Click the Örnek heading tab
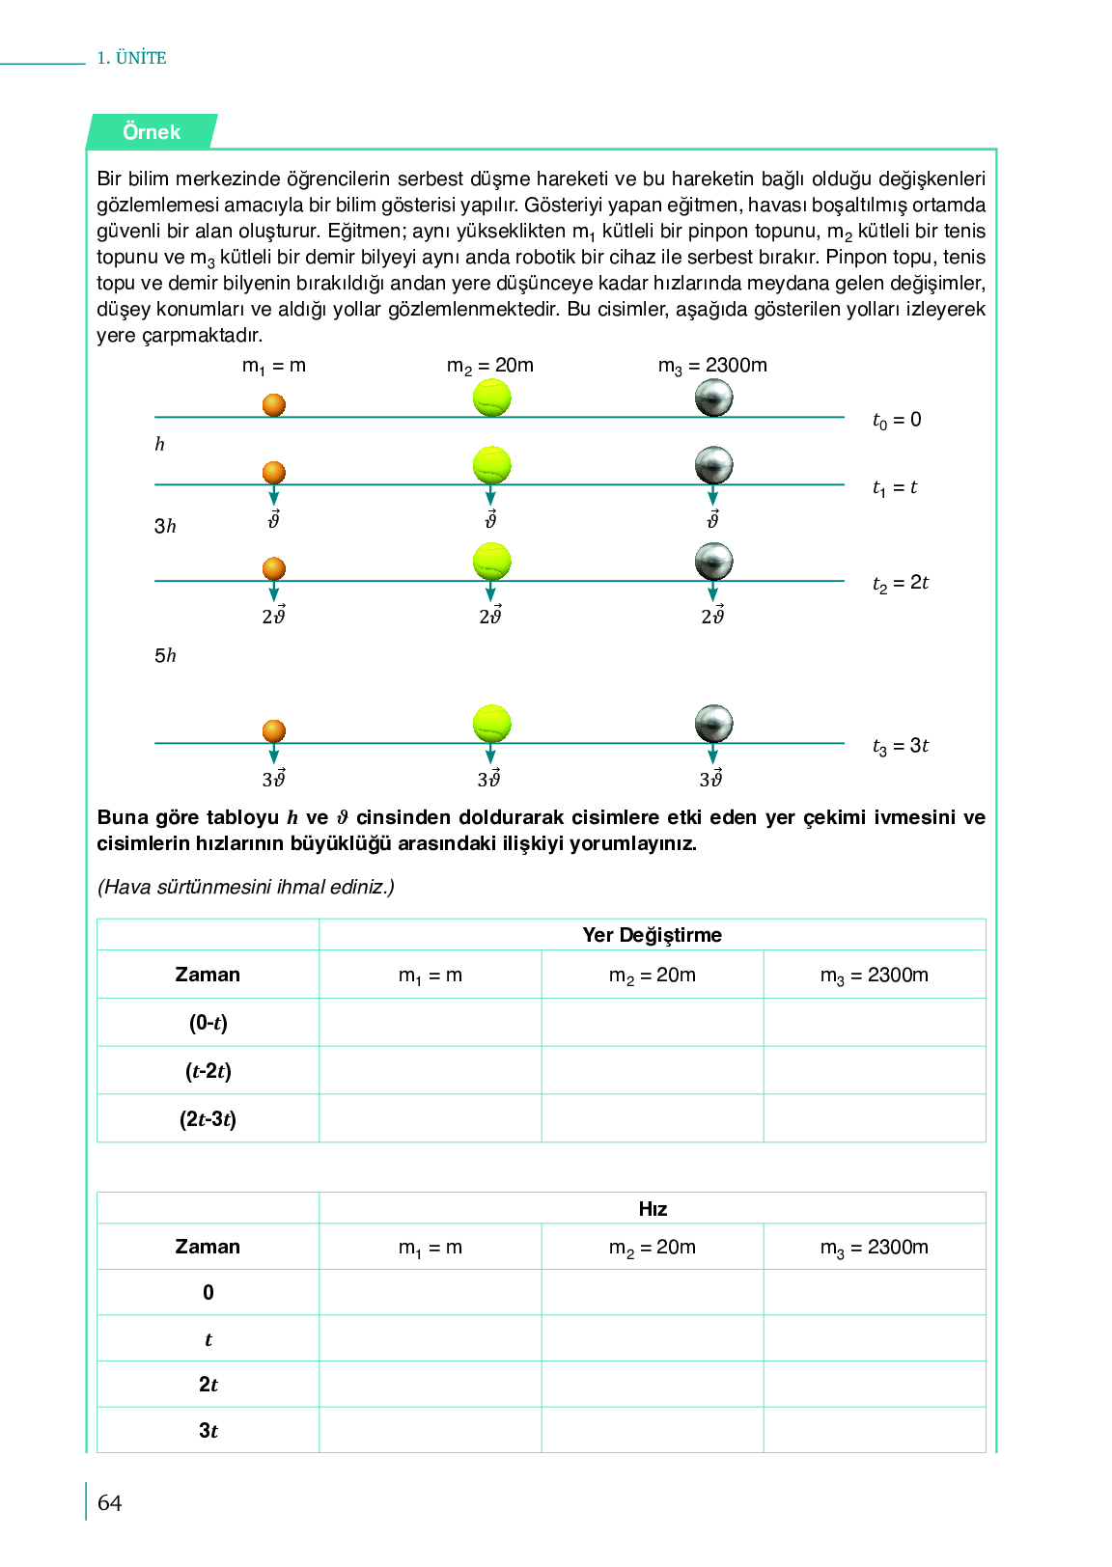(x=152, y=132)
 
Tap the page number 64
(x=109, y=1502)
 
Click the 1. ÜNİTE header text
(x=131, y=58)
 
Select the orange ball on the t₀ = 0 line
(x=274, y=404)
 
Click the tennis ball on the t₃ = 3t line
(x=491, y=724)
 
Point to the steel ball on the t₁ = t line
(x=713, y=465)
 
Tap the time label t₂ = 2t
(x=900, y=583)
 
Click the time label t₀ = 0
(x=897, y=420)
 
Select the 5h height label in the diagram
(x=165, y=656)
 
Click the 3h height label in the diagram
(x=165, y=526)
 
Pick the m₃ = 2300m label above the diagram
(x=712, y=366)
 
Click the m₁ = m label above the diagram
(x=273, y=366)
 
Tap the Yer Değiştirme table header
(x=652, y=935)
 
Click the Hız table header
(x=653, y=1209)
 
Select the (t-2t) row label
(x=208, y=1071)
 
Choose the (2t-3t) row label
(x=208, y=1119)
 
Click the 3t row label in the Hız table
(x=208, y=1431)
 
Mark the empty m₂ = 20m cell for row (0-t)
(x=652, y=1023)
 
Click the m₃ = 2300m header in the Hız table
(x=874, y=1248)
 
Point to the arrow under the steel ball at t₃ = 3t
(x=712, y=754)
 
